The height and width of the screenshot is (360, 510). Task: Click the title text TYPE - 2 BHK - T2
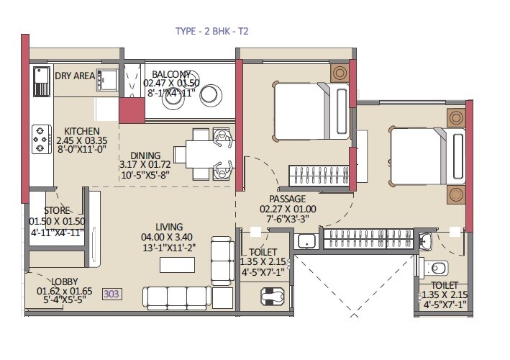coord(212,31)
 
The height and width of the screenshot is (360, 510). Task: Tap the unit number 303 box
coord(111,294)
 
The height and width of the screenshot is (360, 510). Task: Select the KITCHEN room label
coord(81,131)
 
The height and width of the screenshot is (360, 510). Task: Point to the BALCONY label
coord(171,74)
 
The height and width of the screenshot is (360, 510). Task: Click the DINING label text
coord(145,155)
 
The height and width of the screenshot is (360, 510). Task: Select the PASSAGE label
coord(287,199)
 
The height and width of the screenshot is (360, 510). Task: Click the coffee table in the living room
coord(177,264)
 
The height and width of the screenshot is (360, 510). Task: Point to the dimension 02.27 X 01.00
coord(287,210)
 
